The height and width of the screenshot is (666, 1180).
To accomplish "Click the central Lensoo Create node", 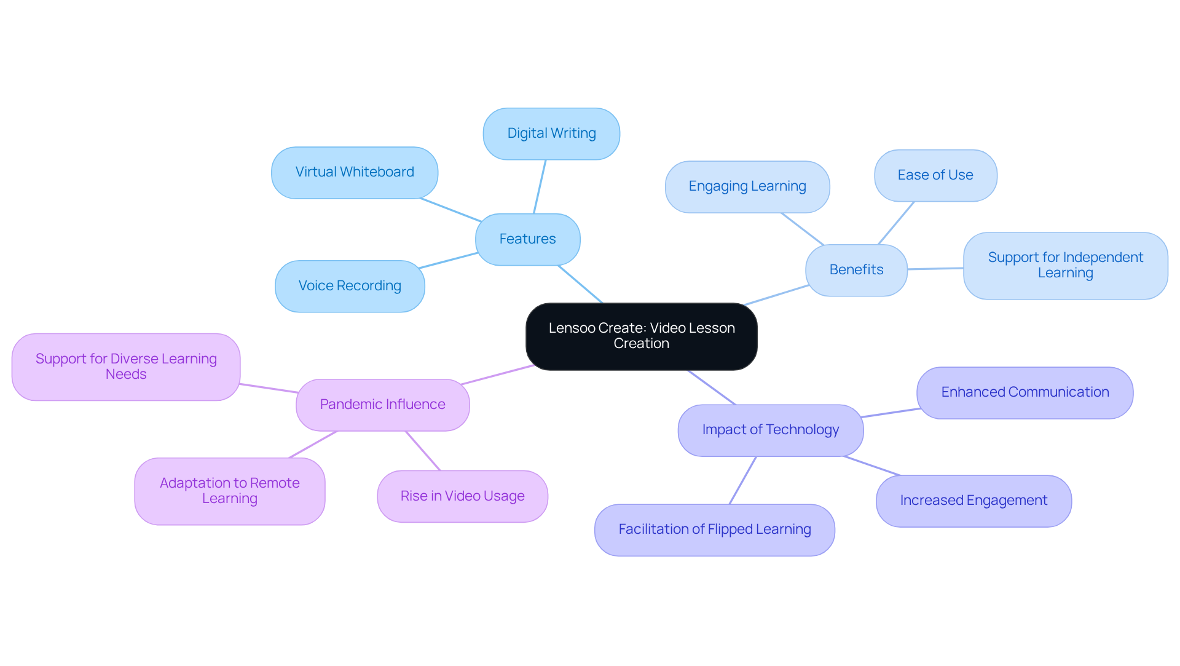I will click(641, 336).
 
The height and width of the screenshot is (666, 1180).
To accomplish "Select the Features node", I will click(527, 239).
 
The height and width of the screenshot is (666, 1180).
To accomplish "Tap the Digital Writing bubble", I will click(551, 133).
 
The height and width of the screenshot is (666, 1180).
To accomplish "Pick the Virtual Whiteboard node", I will click(355, 172).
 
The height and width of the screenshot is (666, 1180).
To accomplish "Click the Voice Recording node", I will click(350, 286).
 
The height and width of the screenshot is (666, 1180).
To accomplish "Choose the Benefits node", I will click(856, 270).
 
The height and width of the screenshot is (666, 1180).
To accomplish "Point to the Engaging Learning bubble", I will click(747, 186).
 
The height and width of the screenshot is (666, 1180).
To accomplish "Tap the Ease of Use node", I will click(935, 175).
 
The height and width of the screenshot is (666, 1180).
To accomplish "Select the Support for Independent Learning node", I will click(1065, 266).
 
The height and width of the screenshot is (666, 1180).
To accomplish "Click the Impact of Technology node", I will click(770, 430).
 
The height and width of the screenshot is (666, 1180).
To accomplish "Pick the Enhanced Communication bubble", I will click(1025, 392).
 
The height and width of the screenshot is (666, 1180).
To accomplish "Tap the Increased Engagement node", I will click(974, 501).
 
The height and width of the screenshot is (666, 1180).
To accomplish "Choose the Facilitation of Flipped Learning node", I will click(714, 529).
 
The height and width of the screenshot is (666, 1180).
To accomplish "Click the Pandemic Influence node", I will click(382, 405).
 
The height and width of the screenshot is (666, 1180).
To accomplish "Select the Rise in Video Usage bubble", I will click(462, 496).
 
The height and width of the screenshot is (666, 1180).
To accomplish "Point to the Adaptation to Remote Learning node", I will click(229, 491).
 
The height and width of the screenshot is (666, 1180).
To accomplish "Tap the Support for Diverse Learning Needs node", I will click(126, 367).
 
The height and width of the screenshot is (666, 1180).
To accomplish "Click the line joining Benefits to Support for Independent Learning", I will click(935, 269).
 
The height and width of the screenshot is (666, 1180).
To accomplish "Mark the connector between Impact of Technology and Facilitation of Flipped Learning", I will click(742, 480).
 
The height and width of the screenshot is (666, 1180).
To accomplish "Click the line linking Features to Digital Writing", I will click(540, 187).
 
